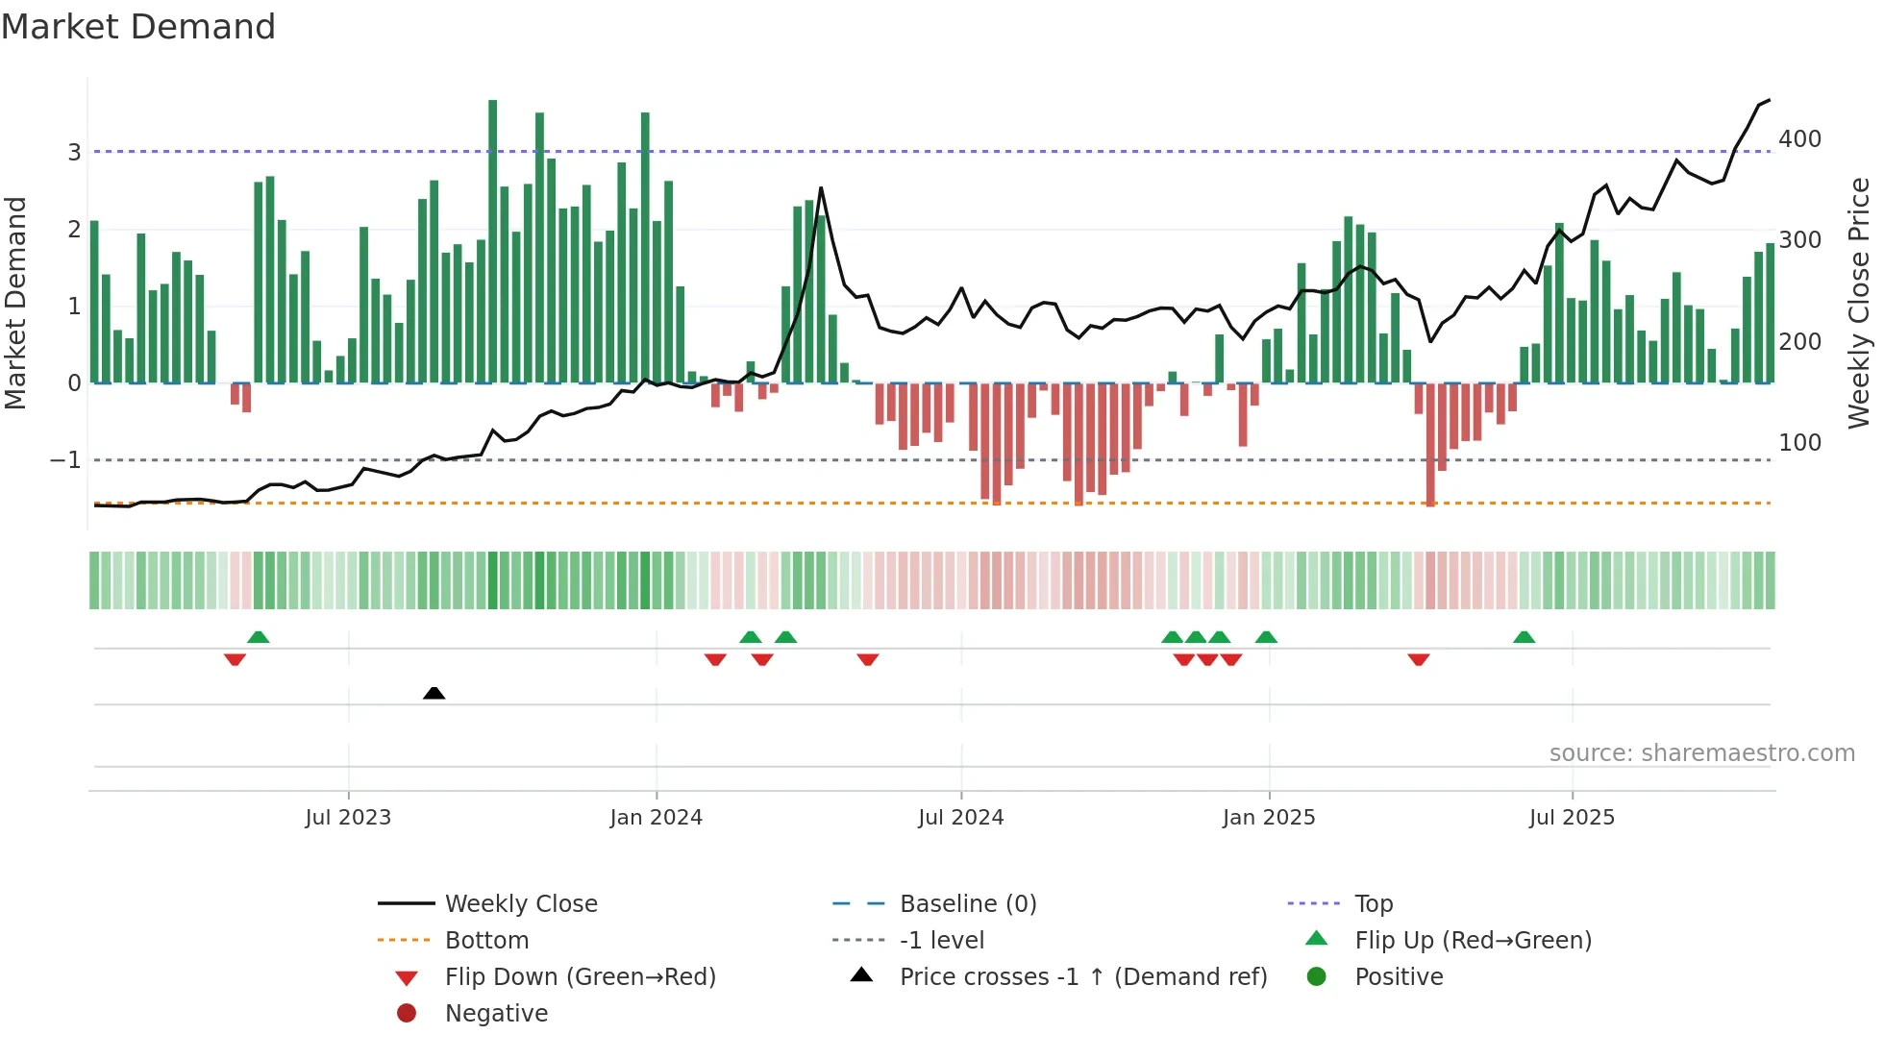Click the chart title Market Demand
tap(138, 27)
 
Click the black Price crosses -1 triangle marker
tap(434, 693)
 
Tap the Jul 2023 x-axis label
tap(348, 818)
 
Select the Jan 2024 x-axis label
tap(657, 818)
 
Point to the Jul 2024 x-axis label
tap(960, 818)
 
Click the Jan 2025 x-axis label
tap(1269, 818)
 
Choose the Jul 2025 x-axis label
tap(1572, 818)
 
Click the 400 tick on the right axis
tap(1799, 139)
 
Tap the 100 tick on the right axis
tap(1799, 443)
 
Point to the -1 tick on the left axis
tap(65, 460)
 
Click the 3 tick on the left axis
tap(74, 152)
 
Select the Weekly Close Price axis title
tap(1859, 303)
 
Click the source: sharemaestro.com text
tap(1701, 753)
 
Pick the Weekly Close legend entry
tap(520, 904)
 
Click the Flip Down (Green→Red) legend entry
tap(580, 977)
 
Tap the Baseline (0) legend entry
tap(967, 904)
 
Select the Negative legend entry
tap(496, 1014)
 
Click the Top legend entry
tap(1373, 904)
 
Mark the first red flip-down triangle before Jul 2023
tap(235, 659)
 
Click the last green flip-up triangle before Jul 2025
tap(1524, 637)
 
